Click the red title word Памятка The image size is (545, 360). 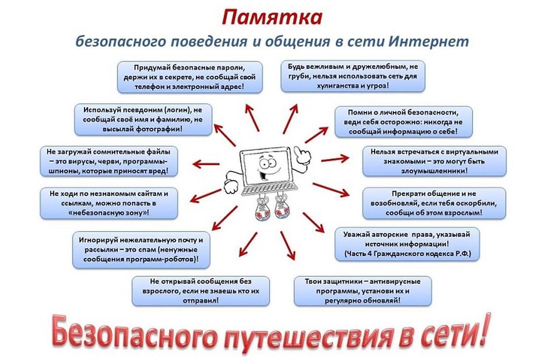(x=272, y=18)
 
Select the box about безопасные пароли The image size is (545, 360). (x=190, y=77)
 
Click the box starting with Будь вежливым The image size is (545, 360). (x=353, y=76)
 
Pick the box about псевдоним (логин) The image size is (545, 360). (x=143, y=120)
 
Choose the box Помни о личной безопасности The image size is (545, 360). (x=403, y=122)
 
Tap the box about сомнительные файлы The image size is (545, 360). (x=109, y=162)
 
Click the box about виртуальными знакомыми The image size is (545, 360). (x=435, y=162)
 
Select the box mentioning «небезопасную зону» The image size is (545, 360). (x=109, y=203)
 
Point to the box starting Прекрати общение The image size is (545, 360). (x=434, y=203)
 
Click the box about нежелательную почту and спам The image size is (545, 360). (x=141, y=250)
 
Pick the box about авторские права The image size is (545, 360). (x=407, y=244)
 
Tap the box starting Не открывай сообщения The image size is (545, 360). (x=200, y=291)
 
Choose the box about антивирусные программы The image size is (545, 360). (x=363, y=291)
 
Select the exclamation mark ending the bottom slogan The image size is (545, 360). (x=483, y=329)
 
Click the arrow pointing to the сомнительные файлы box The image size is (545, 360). (x=206, y=163)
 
